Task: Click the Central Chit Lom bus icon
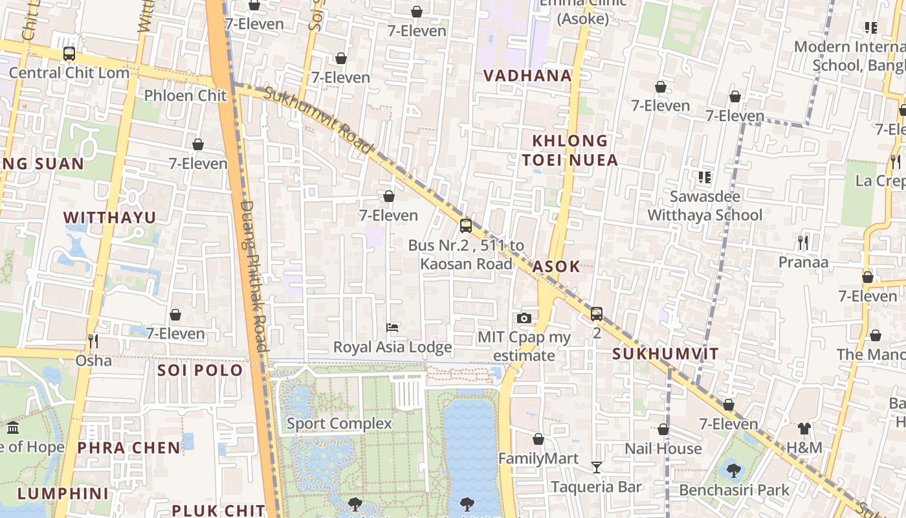(69, 54)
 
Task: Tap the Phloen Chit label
(185, 96)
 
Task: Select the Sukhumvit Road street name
(318, 121)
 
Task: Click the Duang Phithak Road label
(254, 275)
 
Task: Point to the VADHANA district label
(527, 76)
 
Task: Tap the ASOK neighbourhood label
(556, 267)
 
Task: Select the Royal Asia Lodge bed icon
(392, 328)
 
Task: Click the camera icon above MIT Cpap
(524, 318)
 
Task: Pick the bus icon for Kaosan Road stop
(465, 225)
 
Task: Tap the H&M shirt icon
(804, 429)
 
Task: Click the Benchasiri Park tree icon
(733, 470)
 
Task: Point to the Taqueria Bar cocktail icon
(596, 467)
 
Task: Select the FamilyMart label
(538, 458)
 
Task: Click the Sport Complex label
(339, 423)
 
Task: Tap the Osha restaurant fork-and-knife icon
(93, 341)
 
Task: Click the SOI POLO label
(200, 370)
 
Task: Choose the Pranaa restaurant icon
(802, 243)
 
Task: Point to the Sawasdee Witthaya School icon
(705, 177)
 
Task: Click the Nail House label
(663, 448)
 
